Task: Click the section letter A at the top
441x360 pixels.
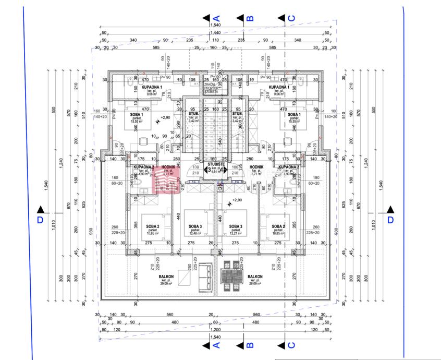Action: click(x=217, y=18)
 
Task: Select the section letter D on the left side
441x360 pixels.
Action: click(x=40, y=220)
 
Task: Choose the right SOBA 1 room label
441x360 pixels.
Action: click(x=294, y=114)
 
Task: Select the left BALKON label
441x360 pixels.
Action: click(x=166, y=278)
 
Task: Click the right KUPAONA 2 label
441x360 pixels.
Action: click(x=288, y=167)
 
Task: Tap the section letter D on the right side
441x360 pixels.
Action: click(x=390, y=220)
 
